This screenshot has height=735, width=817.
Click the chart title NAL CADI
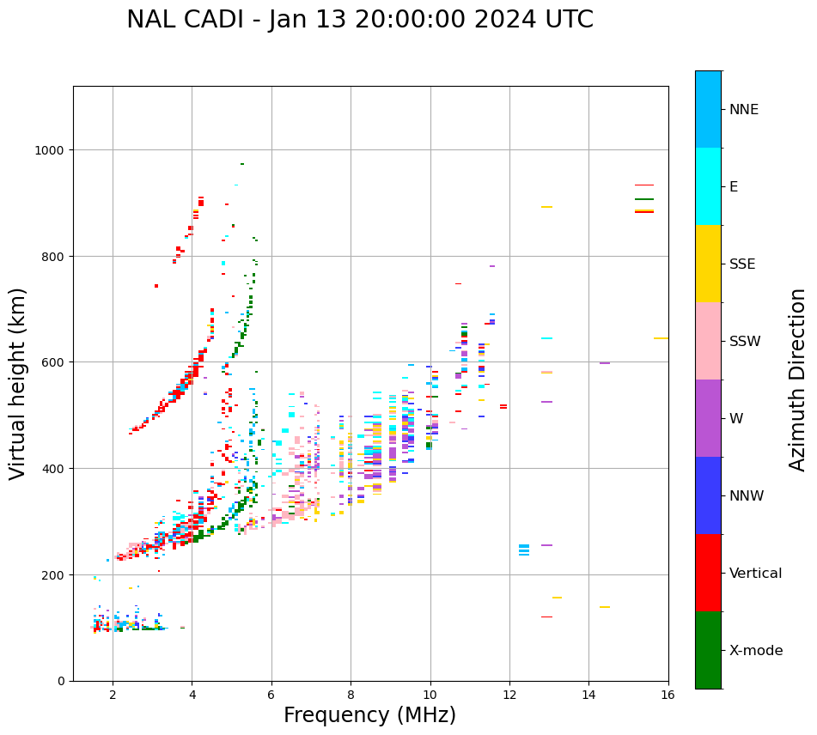[359, 20]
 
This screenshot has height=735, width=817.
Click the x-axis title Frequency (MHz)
[369, 715]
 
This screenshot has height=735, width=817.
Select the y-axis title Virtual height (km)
[18, 384]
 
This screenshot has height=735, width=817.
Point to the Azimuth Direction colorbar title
[798, 380]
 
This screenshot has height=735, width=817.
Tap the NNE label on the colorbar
[744, 110]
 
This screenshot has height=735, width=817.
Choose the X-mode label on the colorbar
[756, 651]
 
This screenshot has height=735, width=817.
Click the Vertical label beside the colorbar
[756, 574]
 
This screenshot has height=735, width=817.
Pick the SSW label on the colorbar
[745, 342]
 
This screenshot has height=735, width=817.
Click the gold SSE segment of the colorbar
[708, 264]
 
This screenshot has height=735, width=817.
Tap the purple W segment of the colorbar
[708, 418]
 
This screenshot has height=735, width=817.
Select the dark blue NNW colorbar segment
[708, 495]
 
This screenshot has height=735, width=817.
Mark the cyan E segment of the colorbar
[708, 186]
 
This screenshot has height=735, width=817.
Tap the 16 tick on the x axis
[668, 695]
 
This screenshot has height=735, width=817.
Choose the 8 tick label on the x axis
[351, 695]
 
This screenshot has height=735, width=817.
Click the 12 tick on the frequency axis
[509, 695]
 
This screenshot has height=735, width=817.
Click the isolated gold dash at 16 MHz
[661, 338]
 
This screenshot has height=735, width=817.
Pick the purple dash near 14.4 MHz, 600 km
[605, 363]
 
